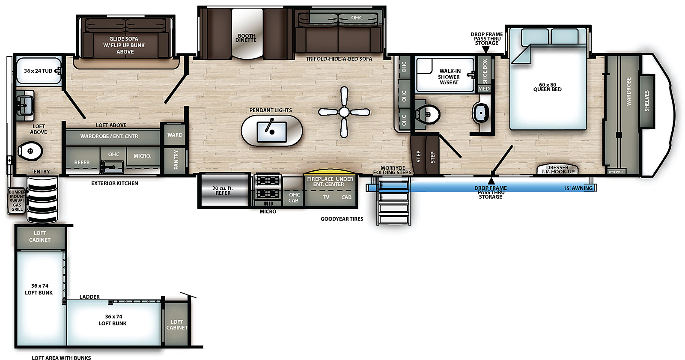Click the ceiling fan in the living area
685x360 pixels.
tap(344, 112)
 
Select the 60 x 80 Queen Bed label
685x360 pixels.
tap(547, 87)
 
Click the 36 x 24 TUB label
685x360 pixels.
tap(38, 71)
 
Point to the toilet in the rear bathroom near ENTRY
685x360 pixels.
tap(30, 151)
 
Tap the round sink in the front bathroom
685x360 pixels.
tap(481, 113)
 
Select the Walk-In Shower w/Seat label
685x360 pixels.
tap(449, 77)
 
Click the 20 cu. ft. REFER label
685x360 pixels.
tap(223, 190)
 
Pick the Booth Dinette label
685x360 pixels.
tap(246, 38)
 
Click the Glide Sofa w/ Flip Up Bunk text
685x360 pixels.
tap(124, 45)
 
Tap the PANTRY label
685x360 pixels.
tap(176, 159)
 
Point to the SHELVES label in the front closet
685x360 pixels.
tap(646, 101)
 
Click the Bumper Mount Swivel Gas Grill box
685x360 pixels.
tap(17, 201)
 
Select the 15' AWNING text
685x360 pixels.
tap(578, 188)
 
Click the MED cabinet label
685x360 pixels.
tap(484, 89)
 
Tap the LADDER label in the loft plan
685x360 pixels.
tap(89, 297)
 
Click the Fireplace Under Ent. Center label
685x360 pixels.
tap(330, 181)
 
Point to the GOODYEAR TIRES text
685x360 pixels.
tap(342, 219)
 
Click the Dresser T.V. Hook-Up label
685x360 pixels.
tap(557, 170)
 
